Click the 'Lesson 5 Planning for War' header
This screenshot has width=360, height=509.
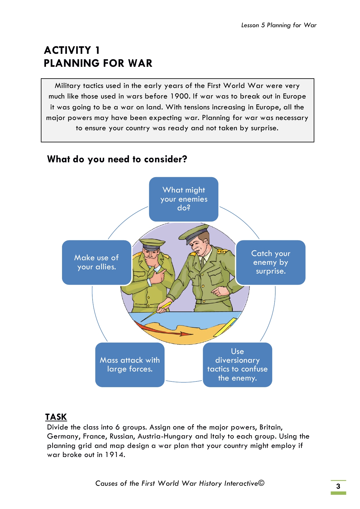pyautogui.click(x=279, y=25)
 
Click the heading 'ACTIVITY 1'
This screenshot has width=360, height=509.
pyautogui.click(x=72, y=50)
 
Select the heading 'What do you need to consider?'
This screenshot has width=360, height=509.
pyautogui.click(x=117, y=159)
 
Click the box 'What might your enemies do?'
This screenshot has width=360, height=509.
pyautogui.click(x=184, y=199)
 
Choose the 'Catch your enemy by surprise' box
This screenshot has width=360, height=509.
pyautogui.click(x=271, y=262)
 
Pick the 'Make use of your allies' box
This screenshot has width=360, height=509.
pyautogui.click(x=97, y=262)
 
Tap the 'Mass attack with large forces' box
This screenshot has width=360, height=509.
pyautogui.click(x=130, y=365)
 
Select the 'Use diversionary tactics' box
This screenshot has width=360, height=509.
pyautogui.click(x=237, y=365)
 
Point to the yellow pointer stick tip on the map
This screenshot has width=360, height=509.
pyautogui.click(x=141, y=322)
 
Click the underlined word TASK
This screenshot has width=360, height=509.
pyautogui.click(x=56, y=417)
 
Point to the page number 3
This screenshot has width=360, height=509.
pyautogui.click(x=338, y=486)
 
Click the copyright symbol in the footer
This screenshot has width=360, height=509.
pyautogui.click(x=261, y=483)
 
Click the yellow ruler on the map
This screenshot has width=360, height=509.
pyautogui.click(x=225, y=327)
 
